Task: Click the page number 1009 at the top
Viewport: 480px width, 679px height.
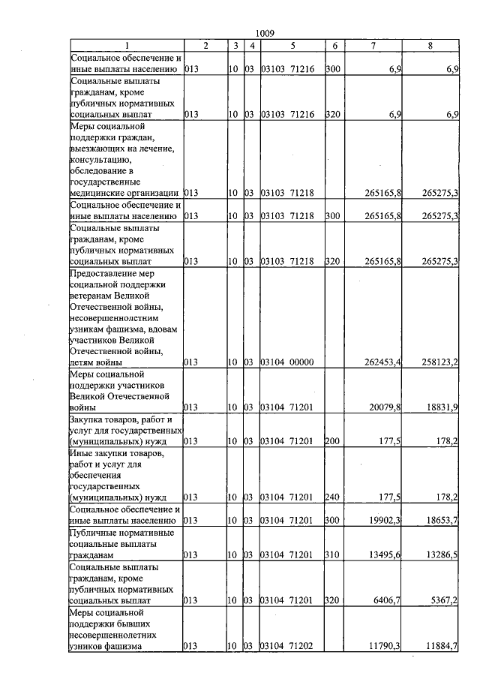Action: [265, 33]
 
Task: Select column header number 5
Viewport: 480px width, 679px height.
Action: [292, 46]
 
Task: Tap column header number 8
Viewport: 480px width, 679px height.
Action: [430, 46]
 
